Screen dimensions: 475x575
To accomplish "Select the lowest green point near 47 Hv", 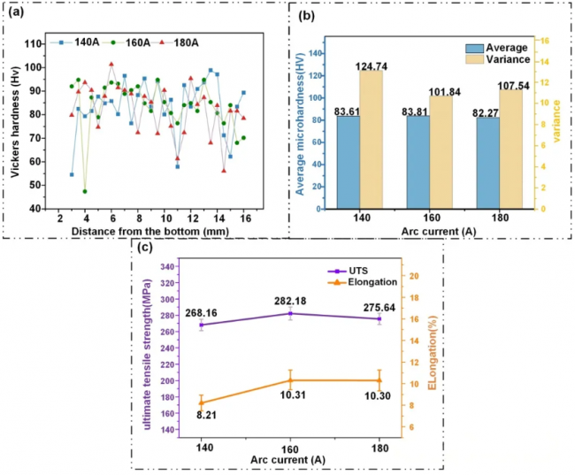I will (x=86, y=191).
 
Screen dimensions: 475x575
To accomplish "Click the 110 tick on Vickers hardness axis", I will (x=37, y=43).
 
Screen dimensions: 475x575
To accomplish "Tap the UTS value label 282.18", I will (x=291, y=300).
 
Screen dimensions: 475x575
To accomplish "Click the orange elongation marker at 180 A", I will (x=379, y=380).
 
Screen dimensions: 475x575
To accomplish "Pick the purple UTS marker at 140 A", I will (x=202, y=325).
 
